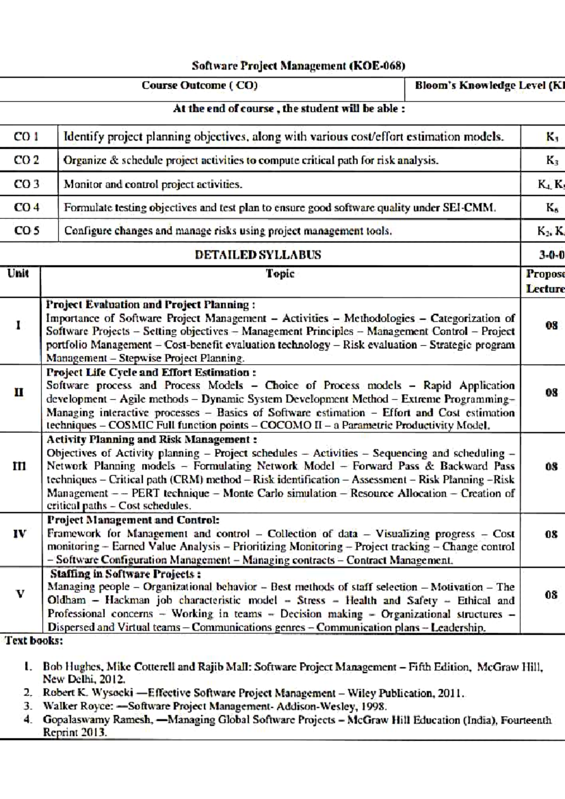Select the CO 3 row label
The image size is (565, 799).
pyautogui.click(x=26, y=184)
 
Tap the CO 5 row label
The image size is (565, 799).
pyautogui.click(x=26, y=231)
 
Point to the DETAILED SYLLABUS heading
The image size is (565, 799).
pyautogui.click(x=258, y=255)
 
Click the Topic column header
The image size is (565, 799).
pyautogui.click(x=280, y=274)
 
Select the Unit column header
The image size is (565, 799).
pyautogui.click(x=18, y=273)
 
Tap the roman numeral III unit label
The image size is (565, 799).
pyautogui.click(x=19, y=466)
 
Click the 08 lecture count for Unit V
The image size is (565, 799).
pyautogui.click(x=551, y=595)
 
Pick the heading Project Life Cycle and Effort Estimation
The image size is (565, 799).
pyautogui.click(x=151, y=372)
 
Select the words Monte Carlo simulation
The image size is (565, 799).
pyautogui.click(x=280, y=494)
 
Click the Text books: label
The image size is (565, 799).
pyautogui.click(x=34, y=640)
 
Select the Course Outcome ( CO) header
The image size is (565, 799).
pyautogui.click(x=199, y=86)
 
